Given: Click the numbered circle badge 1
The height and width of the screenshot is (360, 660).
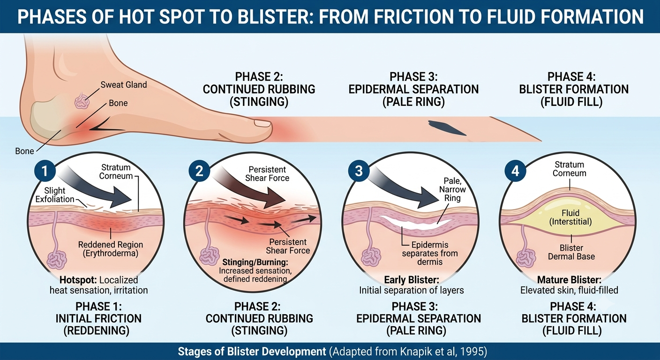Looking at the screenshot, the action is click(x=45, y=171).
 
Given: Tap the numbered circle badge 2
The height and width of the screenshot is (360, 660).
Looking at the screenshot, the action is click(x=199, y=171).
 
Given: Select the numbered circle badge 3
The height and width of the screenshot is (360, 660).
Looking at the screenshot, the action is click(x=359, y=171).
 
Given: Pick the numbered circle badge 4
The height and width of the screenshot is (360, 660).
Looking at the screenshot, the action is click(x=515, y=171).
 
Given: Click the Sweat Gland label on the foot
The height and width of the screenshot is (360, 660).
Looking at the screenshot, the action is click(x=124, y=85).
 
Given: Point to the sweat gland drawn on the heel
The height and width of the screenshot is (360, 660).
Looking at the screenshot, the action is click(x=82, y=101).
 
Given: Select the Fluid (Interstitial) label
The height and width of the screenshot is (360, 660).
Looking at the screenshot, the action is click(x=571, y=217).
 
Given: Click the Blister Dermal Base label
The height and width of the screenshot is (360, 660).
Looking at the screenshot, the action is click(x=571, y=252).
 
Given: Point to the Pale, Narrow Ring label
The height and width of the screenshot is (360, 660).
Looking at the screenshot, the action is click(x=452, y=189).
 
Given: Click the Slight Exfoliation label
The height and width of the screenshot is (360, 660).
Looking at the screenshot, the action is click(x=55, y=195).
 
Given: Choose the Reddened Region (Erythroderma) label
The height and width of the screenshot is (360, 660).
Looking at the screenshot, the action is click(x=111, y=249).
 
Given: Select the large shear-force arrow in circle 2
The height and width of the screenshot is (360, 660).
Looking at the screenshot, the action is click(x=249, y=188).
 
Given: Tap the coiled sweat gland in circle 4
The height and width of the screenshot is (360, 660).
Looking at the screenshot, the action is click(x=526, y=258).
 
